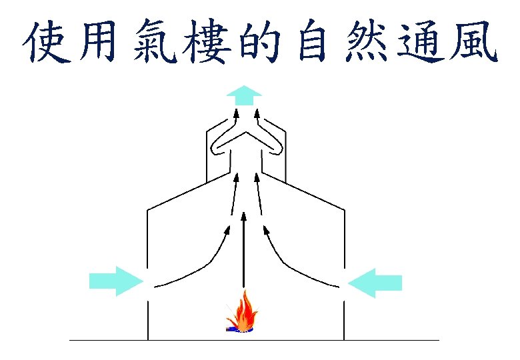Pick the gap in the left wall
click(x=147, y=288)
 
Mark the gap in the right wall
click(x=344, y=288)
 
